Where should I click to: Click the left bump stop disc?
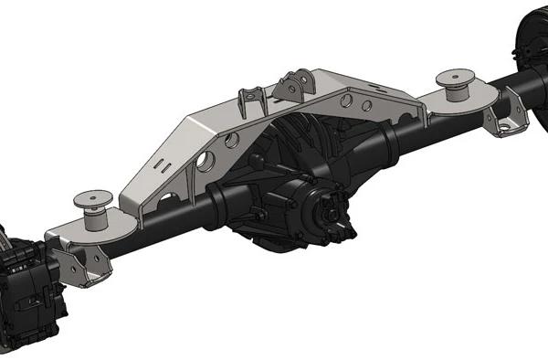click(93, 197)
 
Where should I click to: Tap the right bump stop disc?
click(454, 77)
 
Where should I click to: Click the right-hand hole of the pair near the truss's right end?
click(366, 106)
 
